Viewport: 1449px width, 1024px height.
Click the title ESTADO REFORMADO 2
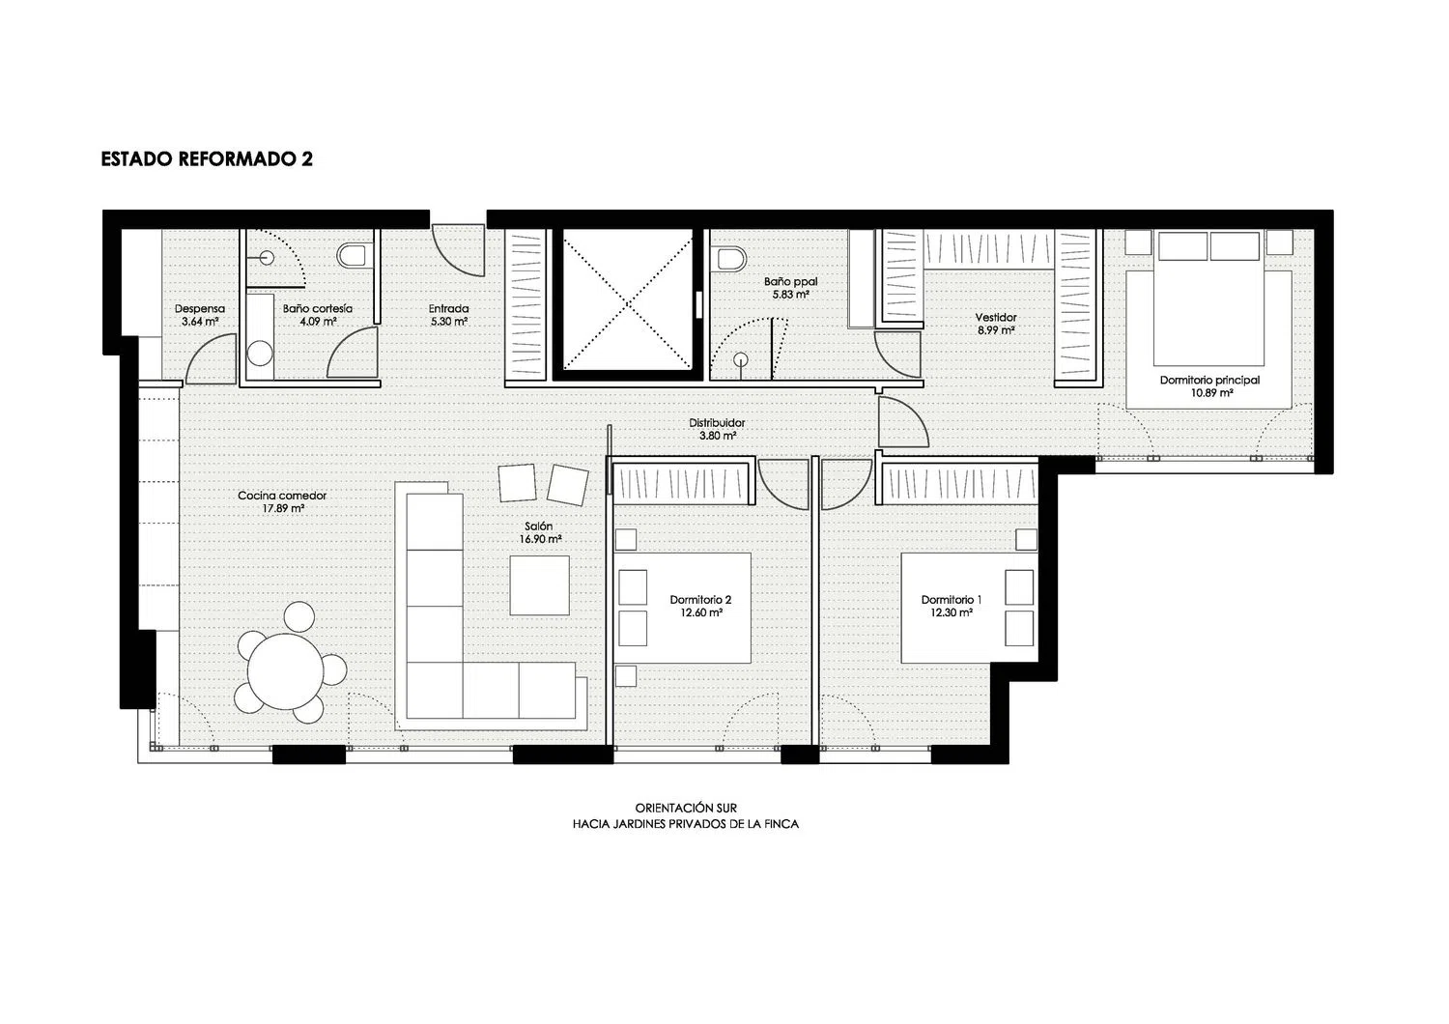click(207, 159)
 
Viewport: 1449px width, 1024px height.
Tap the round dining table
click(285, 671)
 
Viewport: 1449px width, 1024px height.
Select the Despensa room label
click(200, 309)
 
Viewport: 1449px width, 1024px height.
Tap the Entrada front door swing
click(459, 250)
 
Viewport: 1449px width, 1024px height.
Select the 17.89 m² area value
click(283, 508)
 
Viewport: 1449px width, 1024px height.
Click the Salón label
click(539, 526)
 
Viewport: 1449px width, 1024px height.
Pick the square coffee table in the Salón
click(539, 585)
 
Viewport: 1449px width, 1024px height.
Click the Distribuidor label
click(717, 423)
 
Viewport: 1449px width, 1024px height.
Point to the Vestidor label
click(996, 318)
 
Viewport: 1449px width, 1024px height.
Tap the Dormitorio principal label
click(1209, 381)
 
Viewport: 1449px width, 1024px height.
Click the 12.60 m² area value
click(701, 612)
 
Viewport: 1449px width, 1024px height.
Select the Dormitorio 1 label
click(951, 600)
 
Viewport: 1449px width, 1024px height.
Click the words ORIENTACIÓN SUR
click(686, 808)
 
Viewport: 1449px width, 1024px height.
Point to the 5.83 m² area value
click(790, 295)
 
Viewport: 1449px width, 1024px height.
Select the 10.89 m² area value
click(1211, 392)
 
